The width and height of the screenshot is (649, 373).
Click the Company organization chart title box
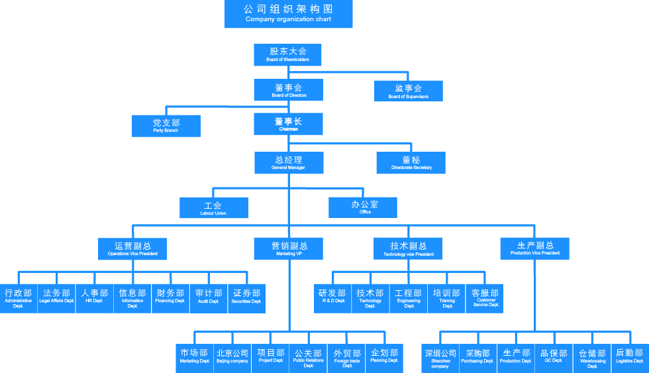click(288, 14)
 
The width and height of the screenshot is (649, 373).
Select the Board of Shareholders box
click(288, 54)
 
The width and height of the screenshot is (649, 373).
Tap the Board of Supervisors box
click(408, 91)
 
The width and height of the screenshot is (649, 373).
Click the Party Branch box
click(166, 126)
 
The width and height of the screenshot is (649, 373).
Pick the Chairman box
click(288, 124)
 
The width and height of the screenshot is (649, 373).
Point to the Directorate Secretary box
click(411, 162)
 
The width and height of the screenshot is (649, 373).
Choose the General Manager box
click(288, 163)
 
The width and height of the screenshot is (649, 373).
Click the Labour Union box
click(213, 208)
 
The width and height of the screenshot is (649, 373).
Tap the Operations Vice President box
click(132, 248)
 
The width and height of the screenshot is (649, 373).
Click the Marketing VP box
click(289, 248)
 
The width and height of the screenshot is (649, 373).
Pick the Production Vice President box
click(535, 248)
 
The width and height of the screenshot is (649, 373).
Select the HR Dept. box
click(94, 296)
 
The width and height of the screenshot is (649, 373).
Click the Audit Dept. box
click(209, 296)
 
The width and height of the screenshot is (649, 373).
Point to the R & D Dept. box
click(332, 296)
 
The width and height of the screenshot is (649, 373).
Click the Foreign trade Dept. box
click(347, 358)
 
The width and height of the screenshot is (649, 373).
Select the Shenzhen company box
click(440, 358)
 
